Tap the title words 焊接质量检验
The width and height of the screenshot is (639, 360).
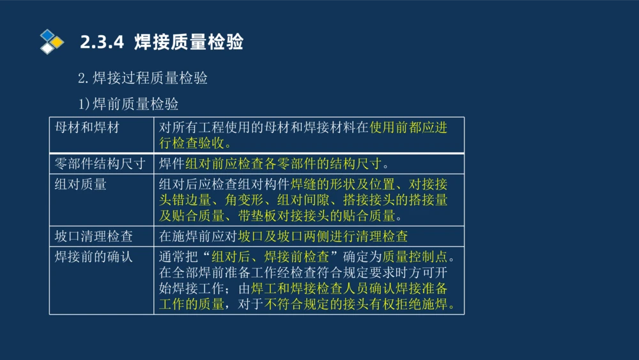(189, 43)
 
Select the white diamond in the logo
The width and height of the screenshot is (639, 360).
(48, 48)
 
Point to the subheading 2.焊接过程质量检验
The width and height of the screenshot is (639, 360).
(142, 79)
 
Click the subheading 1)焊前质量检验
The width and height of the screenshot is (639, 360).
(128, 104)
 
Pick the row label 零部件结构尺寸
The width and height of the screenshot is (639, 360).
(100, 164)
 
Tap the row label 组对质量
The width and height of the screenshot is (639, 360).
(81, 185)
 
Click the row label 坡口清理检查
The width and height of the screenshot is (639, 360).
(94, 237)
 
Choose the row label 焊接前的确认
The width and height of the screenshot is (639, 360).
(94, 258)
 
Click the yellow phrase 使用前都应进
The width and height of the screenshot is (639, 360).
(408, 127)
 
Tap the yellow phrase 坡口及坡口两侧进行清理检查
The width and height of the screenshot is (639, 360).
(323, 237)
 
